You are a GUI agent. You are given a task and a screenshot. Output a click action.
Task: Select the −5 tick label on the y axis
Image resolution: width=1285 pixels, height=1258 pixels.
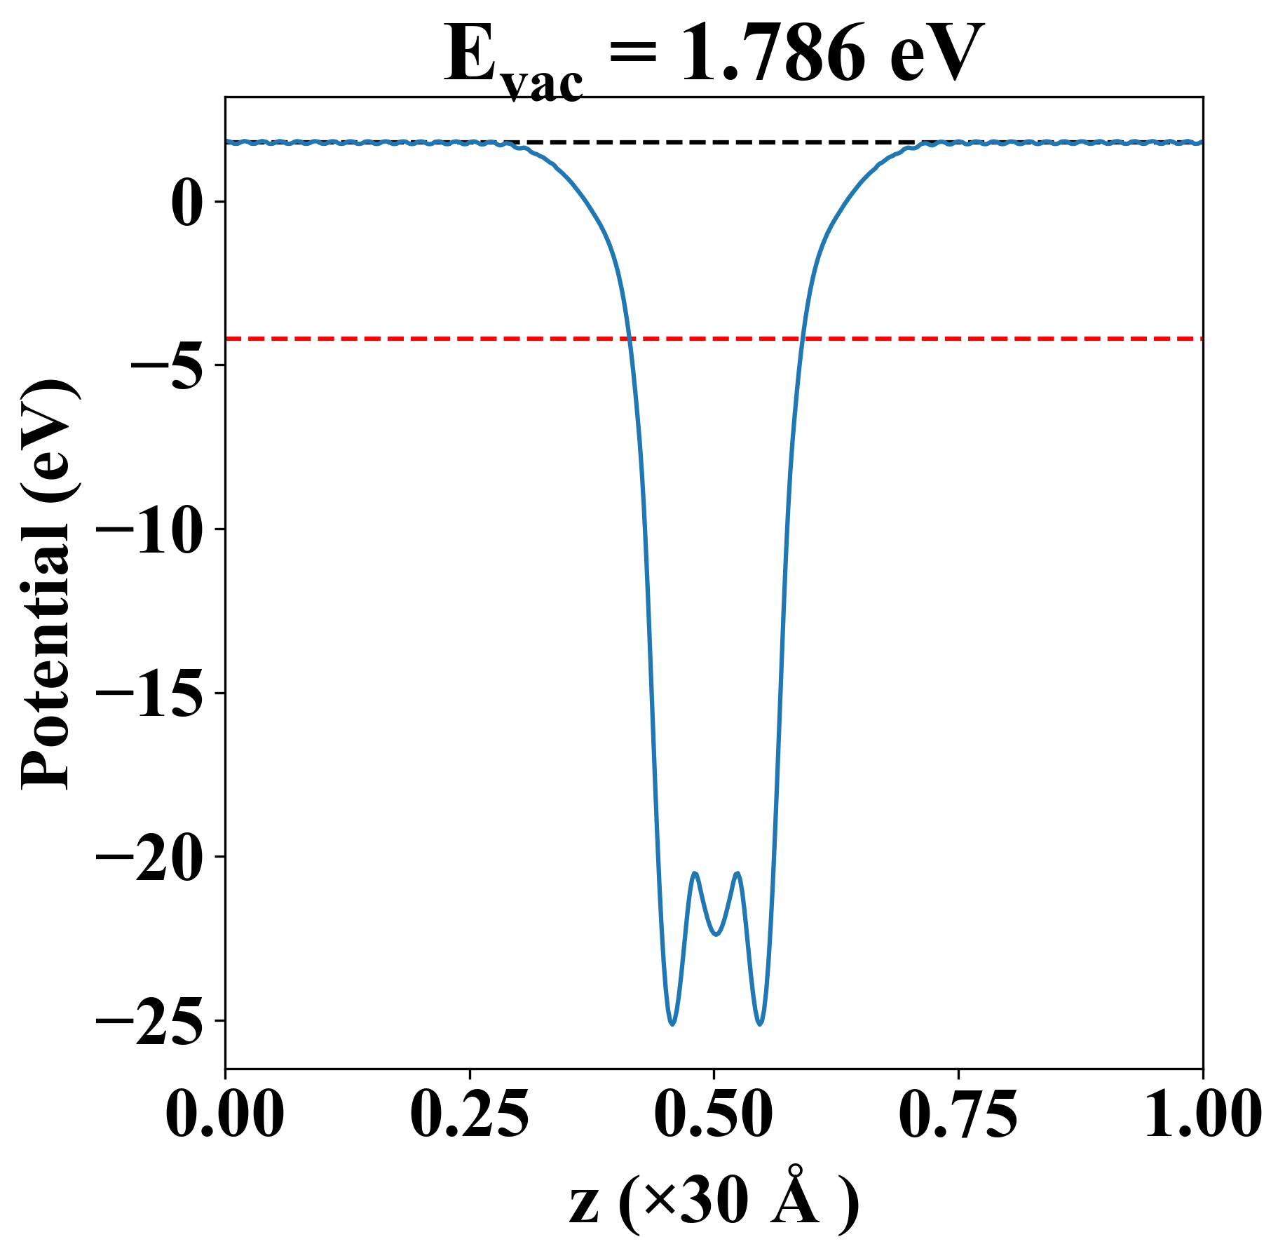coord(165,365)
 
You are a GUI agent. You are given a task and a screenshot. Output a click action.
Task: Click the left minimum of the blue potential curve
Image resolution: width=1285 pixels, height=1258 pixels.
coord(672,1024)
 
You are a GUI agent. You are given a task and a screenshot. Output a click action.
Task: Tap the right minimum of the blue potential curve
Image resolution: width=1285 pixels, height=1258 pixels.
coord(760,1024)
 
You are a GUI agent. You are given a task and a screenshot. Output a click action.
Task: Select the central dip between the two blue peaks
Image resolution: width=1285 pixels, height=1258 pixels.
coord(716,934)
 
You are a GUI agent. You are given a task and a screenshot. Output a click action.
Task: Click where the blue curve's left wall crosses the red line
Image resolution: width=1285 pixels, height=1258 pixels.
coord(630,339)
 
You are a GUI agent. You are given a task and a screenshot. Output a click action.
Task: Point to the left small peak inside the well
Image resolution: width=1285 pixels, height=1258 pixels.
coord(695,873)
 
